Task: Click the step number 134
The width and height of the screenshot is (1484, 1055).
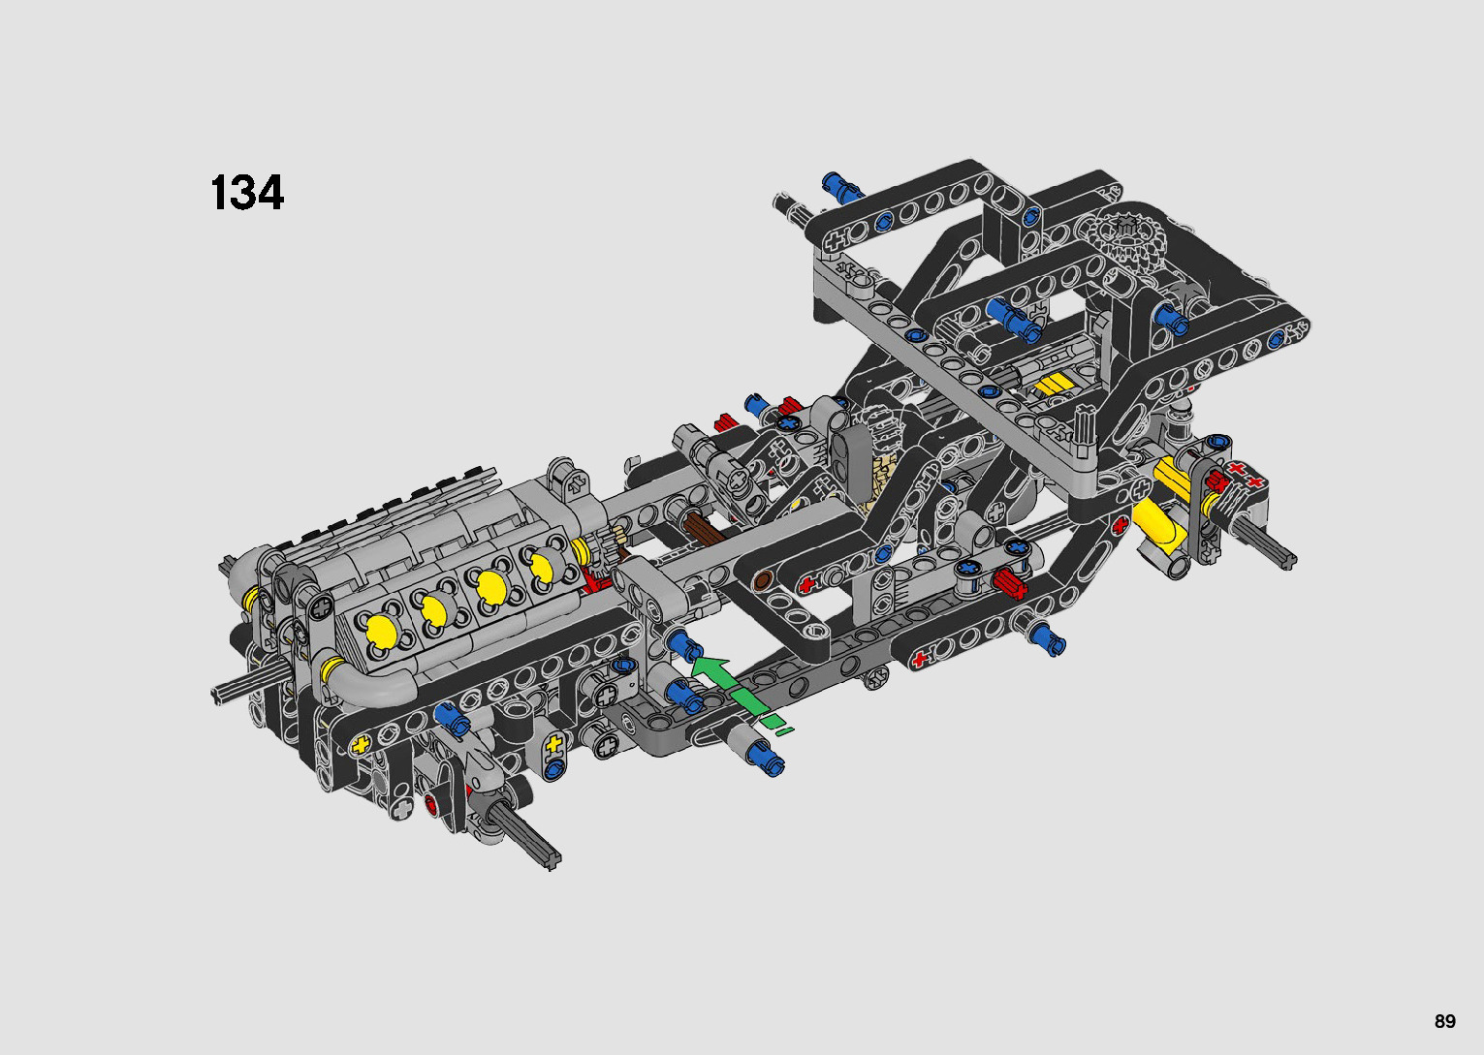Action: [247, 193]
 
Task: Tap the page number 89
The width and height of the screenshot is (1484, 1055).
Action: [1445, 1021]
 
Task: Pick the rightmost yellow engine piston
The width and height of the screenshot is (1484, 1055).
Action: [542, 566]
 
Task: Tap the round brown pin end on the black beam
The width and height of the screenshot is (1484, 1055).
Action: [763, 580]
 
